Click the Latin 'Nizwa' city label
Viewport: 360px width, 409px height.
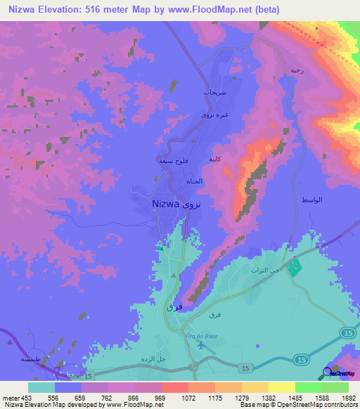point(166,204)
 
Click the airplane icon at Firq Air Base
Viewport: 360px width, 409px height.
point(202,345)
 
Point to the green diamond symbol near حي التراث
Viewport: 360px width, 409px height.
point(295,268)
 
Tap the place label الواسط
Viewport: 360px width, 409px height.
point(311,200)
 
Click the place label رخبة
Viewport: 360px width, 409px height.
point(296,71)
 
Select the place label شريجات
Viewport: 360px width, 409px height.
point(214,92)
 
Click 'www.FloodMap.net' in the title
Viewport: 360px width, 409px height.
point(209,10)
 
